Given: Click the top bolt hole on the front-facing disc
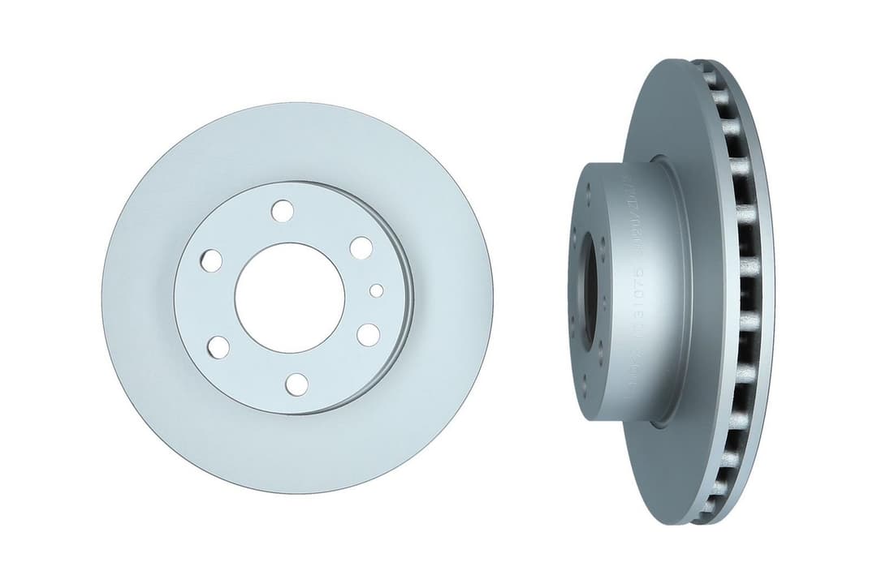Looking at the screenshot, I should click(x=282, y=212).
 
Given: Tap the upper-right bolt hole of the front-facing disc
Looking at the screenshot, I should click(x=361, y=248).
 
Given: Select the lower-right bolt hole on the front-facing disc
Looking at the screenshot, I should click(x=368, y=334).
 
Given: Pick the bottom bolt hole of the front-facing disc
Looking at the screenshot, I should click(x=298, y=384).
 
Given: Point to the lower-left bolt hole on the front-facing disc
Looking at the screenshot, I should click(x=218, y=347).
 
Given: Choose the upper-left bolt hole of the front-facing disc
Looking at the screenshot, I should click(x=211, y=261).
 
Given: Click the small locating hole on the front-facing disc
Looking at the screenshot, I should click(x=376, y=290).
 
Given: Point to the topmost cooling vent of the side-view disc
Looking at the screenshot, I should click(x=708, y=78).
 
